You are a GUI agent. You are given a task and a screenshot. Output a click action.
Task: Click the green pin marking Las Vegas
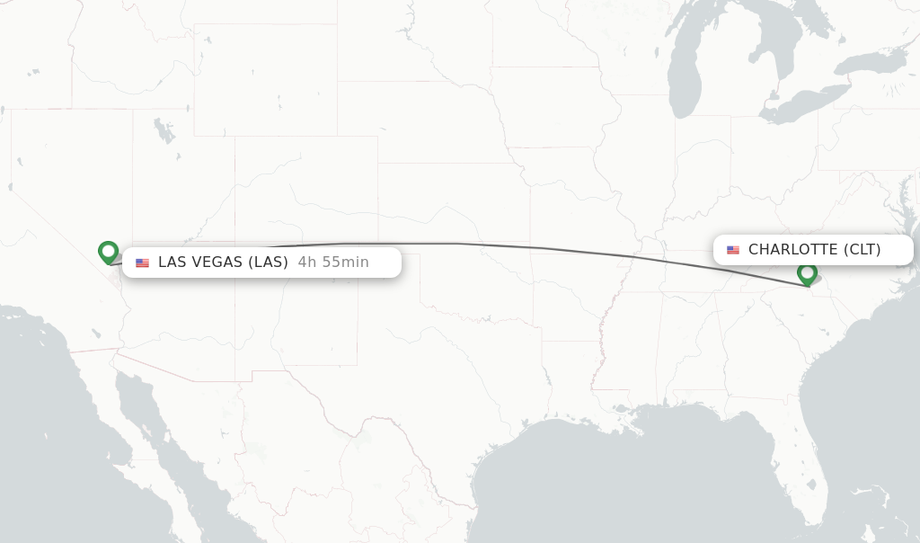tap(108, 252)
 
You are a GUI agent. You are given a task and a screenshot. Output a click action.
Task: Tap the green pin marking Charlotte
tap(807, 273)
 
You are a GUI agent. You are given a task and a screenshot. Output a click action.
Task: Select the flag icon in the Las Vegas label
tap(142, 263)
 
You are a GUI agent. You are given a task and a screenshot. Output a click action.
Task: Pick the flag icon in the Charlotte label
tap(733, 250)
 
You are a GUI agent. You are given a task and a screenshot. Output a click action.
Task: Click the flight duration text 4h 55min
tap(333, 263)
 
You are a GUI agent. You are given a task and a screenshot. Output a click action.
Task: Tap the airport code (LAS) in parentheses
tap(268, 263)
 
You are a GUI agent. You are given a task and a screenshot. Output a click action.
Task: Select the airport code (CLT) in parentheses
tap(862, 250)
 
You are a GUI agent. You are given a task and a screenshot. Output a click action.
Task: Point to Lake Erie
tap(804, 103)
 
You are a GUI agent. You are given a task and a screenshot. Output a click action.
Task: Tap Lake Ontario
tap(871, 63)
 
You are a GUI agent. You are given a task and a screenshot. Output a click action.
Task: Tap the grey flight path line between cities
tap(539, 247)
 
